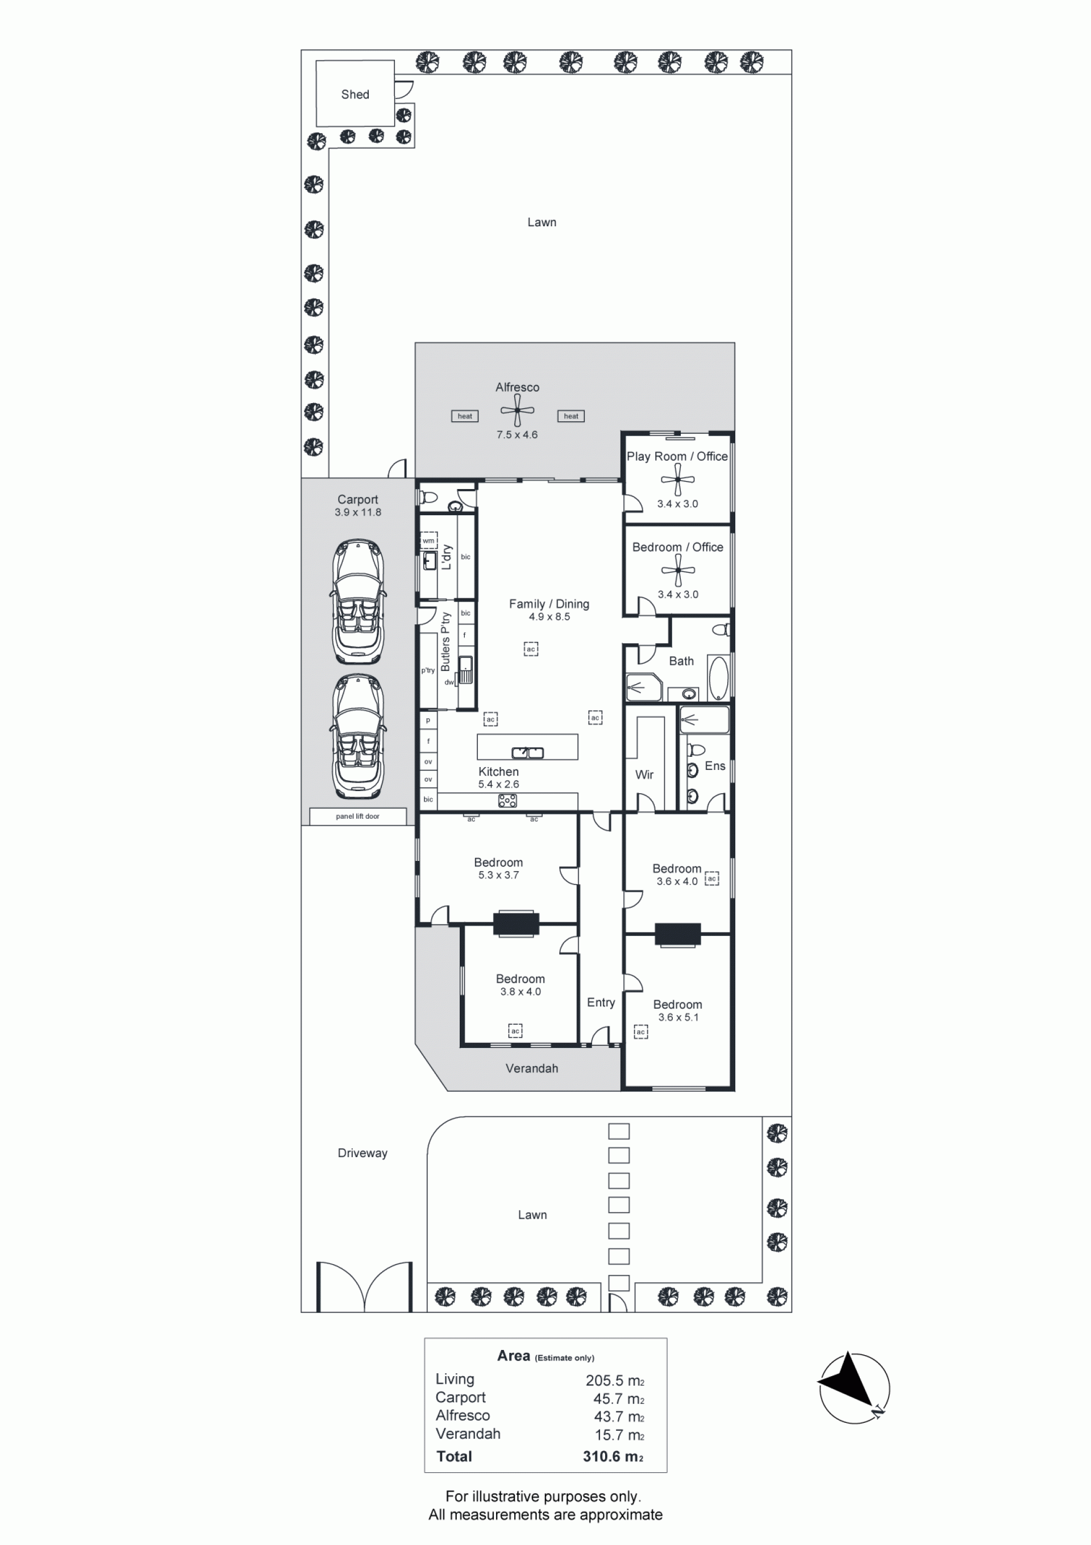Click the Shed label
[355, 95]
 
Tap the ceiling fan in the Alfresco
[517, 410]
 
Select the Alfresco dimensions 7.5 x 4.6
[517, 434]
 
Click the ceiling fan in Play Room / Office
[677, 480]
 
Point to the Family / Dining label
[549, 604]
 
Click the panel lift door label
[358, 816]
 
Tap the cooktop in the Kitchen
[508, 801]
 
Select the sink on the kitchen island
[527, 752]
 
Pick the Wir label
[644, 774]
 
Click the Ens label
[715, 766]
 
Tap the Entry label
[601, 1003]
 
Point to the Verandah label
[531, 1068]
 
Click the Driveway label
[363, 1153]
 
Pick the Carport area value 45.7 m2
[619, 1399]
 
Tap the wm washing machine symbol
[428, 541]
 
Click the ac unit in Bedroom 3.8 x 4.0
[515, 1031]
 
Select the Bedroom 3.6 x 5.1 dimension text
[678, 1017]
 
